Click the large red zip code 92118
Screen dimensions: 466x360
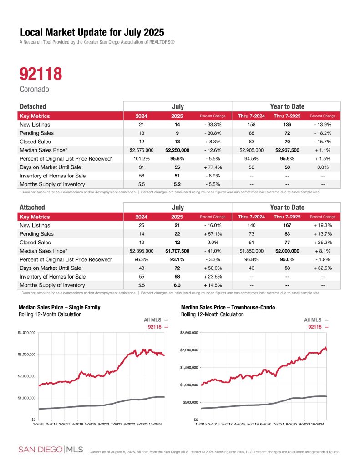(41, 74)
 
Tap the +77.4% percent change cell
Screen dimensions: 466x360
(212, 167)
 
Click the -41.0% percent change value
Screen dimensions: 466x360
(212, 251)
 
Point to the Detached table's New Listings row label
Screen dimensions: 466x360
(35, 124)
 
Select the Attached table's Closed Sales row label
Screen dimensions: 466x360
(35, 243)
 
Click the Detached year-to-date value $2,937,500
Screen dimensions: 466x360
(286, 150)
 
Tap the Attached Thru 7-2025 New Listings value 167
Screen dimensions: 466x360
(286, 225)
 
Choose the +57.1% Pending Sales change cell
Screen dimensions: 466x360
(212, 234)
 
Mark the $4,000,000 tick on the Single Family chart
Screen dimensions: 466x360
(26, 333)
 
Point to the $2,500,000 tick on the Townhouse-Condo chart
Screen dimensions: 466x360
(188, 333)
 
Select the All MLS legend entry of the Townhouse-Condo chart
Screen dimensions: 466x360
(315, 320)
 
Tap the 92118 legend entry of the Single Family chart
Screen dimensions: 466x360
(156, 327)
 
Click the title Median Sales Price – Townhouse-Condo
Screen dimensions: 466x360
(228, 308)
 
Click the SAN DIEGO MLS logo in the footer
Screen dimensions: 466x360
(51, 450)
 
